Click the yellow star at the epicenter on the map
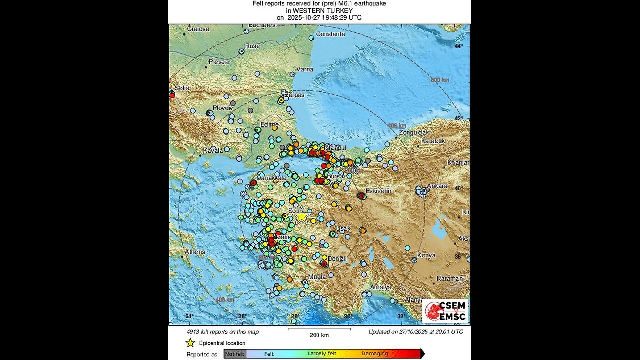tap(301, 217)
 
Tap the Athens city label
tap(195, 252)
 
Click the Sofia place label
tap(182, 88)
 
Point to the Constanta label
tap(330, 34)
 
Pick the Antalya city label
tap(380, 287)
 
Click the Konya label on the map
tap(426, 255)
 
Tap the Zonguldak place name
tap(414, 133)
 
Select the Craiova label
tap(198, 29)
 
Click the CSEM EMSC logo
tap(445, 311)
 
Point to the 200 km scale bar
tap(319, 329)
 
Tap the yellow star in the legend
tap(190, 343)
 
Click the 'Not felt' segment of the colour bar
tap(235, 354)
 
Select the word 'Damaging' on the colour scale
tap(375, 354)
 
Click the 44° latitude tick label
tap(458, 46)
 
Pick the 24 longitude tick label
tap(189, 316)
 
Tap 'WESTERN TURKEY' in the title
tap(320, 10)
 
